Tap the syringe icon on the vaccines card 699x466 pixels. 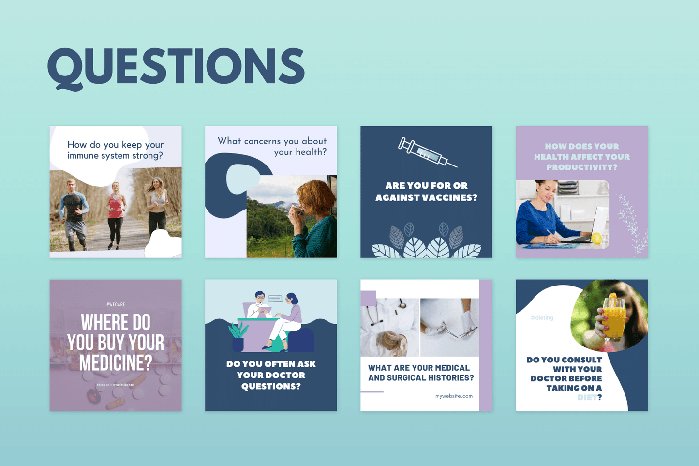click(426, 152)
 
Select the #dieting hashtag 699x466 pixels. click(542, 318)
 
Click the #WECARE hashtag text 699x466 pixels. click(116, 304)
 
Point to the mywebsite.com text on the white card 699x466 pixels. click(453, 396)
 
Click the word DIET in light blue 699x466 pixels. click(587, 397)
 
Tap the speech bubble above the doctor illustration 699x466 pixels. click(275, 299)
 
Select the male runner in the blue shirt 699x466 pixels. click(74, 210)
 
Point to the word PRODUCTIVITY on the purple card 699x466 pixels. click(581, 167)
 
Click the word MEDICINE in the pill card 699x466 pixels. click(116, 362)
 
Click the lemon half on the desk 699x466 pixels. click(596, 238)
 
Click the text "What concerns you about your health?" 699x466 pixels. click(272, 146)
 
